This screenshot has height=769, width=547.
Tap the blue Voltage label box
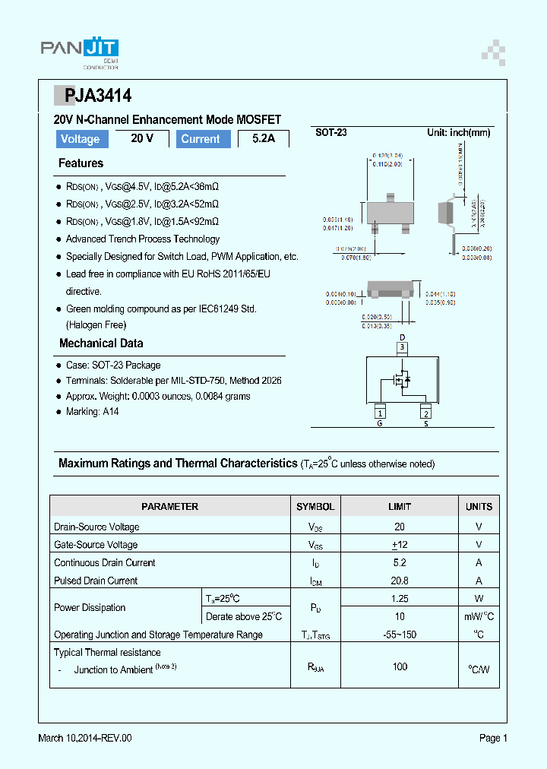80,139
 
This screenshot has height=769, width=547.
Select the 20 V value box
142,138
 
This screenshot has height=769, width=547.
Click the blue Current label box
201,139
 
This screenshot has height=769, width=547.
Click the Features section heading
81,163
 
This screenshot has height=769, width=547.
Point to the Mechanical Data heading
101,343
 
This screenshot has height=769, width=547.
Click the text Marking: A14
92,412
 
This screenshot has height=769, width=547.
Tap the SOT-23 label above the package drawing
331,132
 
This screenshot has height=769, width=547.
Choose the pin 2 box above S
426,413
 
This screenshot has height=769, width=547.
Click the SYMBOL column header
315,506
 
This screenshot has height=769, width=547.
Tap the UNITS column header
479,506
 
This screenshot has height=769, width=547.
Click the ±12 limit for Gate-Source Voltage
400,545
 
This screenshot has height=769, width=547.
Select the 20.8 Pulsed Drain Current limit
400,581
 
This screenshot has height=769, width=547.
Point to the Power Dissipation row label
90,608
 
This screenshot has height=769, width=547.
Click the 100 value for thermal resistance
400,666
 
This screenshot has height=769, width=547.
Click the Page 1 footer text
493,738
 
